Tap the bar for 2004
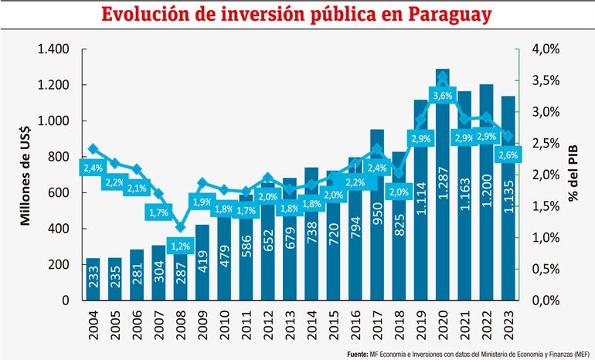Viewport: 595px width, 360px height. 92,279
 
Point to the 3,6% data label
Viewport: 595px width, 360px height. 443,95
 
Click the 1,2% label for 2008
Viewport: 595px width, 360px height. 180,246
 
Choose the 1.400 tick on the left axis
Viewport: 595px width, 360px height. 55,49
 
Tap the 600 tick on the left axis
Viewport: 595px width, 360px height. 60,193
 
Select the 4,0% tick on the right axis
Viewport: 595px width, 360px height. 546,49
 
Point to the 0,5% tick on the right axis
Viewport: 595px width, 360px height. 546,269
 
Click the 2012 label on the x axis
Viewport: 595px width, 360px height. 267,324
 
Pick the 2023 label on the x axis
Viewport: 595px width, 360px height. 508,324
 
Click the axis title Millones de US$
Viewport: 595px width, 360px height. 25,174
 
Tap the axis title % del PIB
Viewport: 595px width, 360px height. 573,175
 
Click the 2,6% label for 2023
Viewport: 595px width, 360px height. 508,155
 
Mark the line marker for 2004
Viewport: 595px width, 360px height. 93,148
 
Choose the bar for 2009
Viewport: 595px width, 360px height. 202,263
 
